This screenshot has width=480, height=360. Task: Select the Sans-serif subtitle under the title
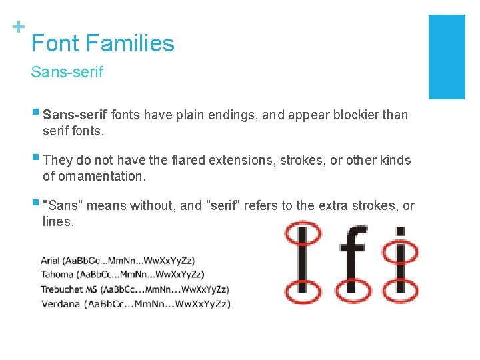pos(67,72)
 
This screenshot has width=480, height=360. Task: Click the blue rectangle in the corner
pos(446,57)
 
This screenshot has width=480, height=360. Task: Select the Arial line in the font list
pos(117,261)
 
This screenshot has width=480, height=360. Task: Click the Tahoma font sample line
pos(122,275)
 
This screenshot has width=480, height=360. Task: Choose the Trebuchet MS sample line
pos(134,289)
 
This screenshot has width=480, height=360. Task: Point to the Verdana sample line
pos(135,303)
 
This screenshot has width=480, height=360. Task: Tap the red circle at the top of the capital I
pos(302,233)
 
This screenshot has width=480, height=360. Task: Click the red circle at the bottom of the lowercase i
pos(401,291)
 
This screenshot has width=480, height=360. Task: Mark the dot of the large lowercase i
pos(400,232)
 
